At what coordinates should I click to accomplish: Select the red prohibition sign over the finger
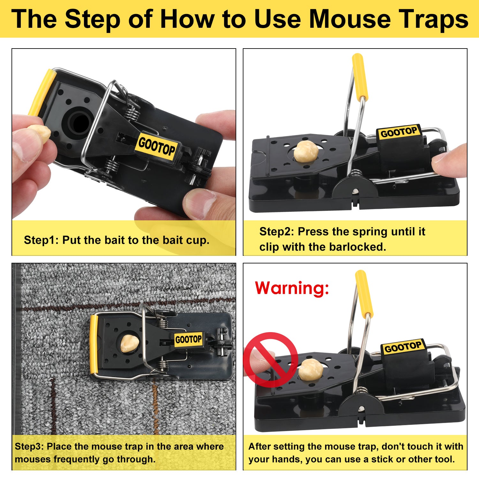[270, 360]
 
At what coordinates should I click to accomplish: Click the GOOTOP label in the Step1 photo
[157, 147]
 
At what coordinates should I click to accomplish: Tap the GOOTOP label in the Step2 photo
[399, 132]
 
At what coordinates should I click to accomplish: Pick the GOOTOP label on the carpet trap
[189, 339]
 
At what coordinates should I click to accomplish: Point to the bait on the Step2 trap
[306, 151]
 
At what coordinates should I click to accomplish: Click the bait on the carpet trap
[130, 343]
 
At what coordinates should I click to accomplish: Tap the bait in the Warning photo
[310, 369]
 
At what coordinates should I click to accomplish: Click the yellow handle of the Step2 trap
[360, 77]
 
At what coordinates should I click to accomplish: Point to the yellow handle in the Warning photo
[364, 294]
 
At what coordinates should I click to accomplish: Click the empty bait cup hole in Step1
[78, 122]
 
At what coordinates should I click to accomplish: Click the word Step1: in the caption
[41, 240]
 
